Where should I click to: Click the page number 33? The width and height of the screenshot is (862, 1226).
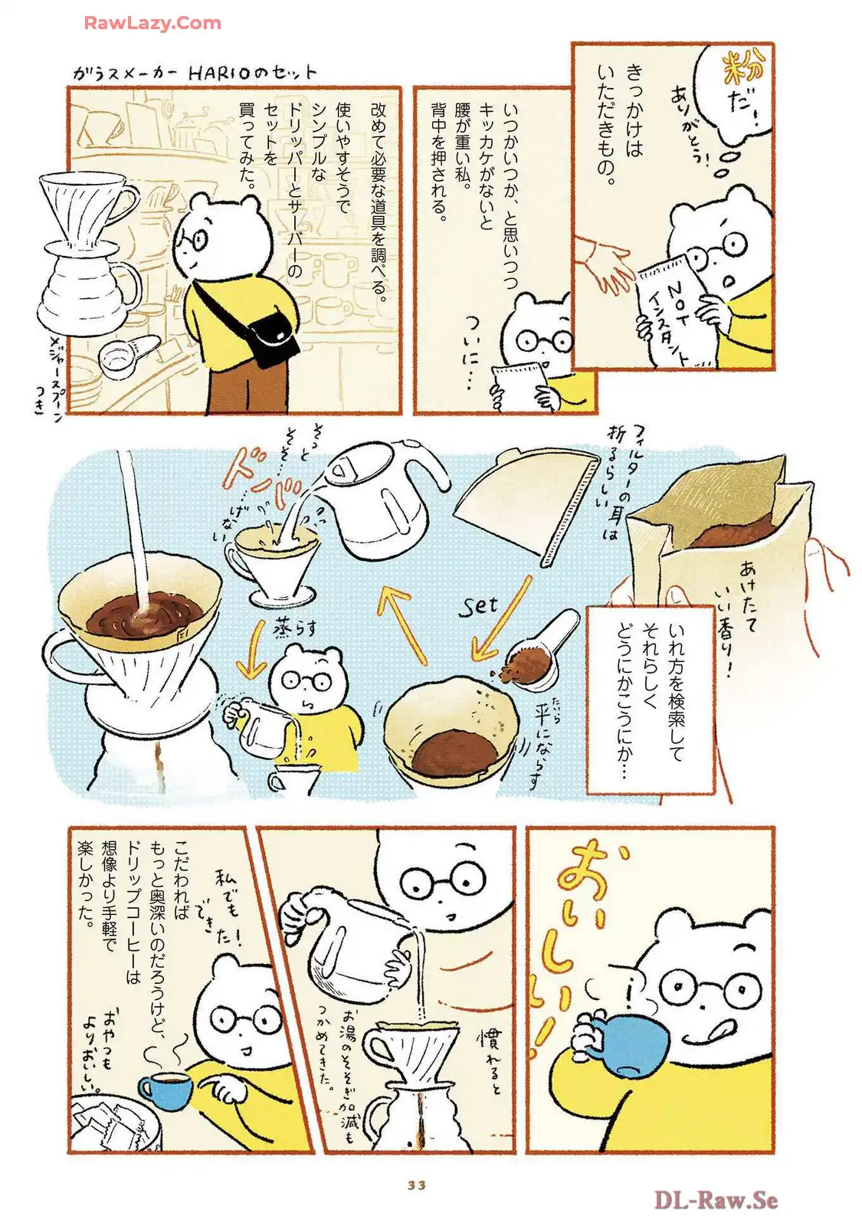pos(416,1185)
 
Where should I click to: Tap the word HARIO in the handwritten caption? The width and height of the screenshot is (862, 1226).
pos(218,73)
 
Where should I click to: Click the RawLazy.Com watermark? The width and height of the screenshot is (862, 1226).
pos(152,23)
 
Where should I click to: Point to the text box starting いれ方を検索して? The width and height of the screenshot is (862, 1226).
pos(650,699)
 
